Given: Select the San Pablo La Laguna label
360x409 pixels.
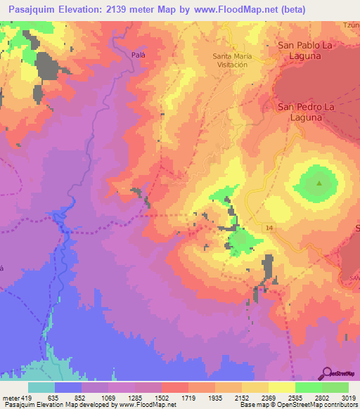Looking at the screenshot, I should tap(304, 50).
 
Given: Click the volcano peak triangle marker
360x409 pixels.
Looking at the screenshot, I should tap(319, 184).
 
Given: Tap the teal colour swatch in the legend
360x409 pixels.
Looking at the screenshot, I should tap(41, 387).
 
